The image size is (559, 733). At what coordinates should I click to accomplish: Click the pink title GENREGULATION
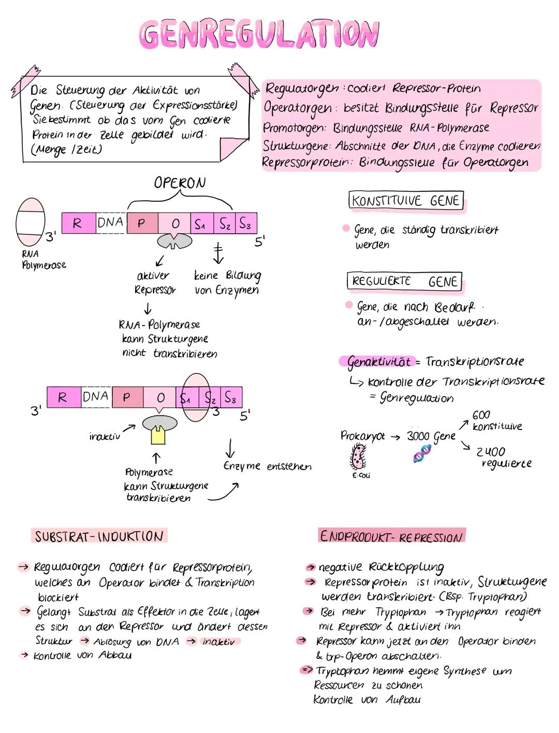point(259,34)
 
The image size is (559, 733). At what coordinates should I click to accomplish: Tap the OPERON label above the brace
point(180,183)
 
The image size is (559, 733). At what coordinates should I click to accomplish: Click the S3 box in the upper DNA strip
point(246,223)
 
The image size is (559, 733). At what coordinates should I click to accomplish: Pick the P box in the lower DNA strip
point(128,397)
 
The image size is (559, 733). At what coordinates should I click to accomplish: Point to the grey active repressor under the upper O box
point(174,241)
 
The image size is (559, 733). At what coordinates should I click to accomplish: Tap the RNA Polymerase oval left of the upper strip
point(31,222)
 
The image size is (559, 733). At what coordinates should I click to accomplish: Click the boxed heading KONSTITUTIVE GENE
point(406,200)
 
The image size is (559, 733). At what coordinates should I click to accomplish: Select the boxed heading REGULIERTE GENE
point(404,281)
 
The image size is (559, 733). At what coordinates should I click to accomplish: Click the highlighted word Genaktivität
point(378,362)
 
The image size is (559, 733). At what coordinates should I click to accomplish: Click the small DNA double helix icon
point(422,454)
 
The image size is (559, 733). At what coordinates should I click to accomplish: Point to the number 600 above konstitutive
point(481,415)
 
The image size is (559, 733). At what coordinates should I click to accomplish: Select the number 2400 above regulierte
point(491,452)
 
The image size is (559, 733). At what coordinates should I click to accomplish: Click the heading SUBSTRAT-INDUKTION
point(99,536)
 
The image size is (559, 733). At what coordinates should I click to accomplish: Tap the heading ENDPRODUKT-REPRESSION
point(391,536)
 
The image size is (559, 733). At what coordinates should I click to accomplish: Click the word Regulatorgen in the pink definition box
point(302,89)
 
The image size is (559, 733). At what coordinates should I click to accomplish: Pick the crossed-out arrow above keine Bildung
point(218,253)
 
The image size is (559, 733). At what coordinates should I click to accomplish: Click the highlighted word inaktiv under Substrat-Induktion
point(218,641)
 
